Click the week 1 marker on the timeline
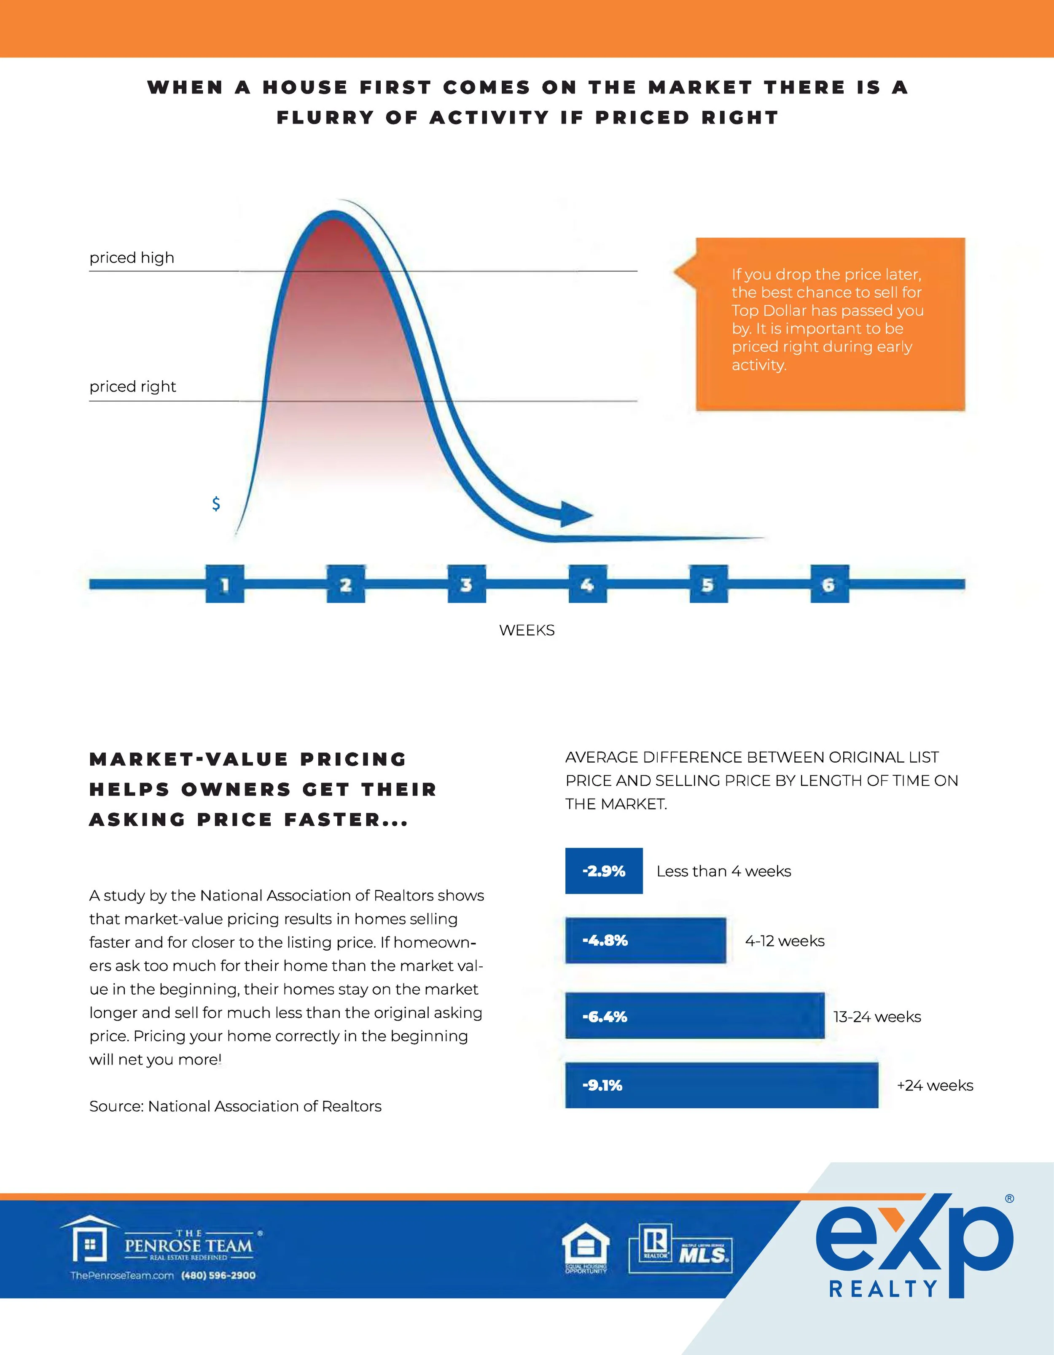(225, 584)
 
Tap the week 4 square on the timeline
(587, 584)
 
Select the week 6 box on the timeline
(829, 584)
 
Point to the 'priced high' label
(132, 258)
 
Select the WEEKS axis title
(527, 630)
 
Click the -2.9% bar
(604, 871)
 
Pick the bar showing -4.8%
(645, 941)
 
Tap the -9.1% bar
(721, 1085)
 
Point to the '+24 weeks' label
(935, 1085)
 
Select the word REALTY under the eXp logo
(883, 1289)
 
